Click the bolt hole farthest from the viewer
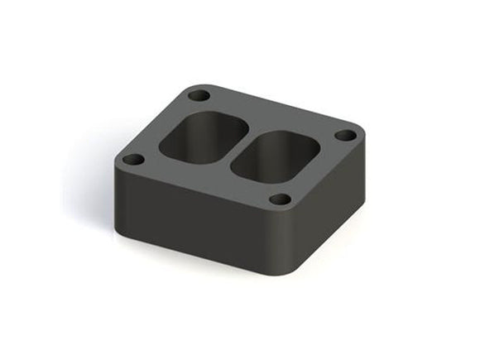point(198,95)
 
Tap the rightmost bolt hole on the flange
point(345,135)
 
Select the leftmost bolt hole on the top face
point(132,159)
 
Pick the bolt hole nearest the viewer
point(281,199)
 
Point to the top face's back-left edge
point(149,124)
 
